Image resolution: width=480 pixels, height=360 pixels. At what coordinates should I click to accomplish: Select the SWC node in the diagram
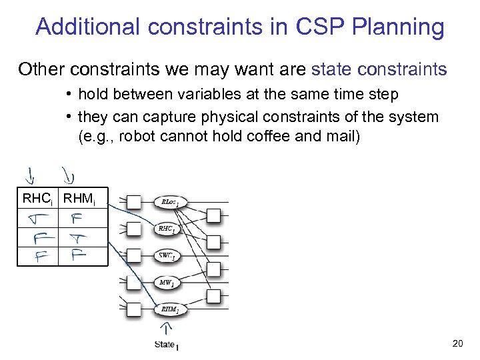coord(167,256)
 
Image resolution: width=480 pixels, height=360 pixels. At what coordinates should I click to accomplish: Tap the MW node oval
coord(167,283)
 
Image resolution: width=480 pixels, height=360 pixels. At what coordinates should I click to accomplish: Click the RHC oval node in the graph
coord(167,229)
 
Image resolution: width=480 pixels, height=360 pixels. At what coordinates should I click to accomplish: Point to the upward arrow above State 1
coord(166,329)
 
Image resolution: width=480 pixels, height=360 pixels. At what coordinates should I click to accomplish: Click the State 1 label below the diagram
coord(167,345)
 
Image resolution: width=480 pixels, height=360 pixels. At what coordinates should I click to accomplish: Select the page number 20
coord(457,343)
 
